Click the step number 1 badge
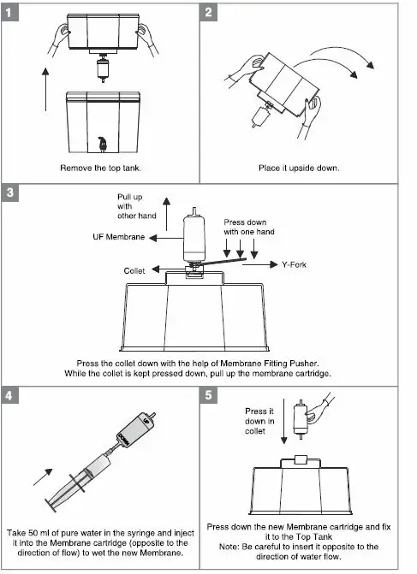coord(9,13)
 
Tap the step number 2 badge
coord(209,13)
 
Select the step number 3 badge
coord(9,192)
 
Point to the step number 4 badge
coord(9,395)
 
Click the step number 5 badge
coord(209,395)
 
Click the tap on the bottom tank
coord(103,144)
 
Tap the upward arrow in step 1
coord(45,89)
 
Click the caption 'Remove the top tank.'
coord(101,168)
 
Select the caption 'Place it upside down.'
coord(299,168)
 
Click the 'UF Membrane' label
coord(119,237)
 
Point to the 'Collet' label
coord(134,271)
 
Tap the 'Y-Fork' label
coord(295,264)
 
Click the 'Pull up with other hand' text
coord(137,206)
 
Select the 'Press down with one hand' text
coord(249,227)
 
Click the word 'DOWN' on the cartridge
coord(123,440)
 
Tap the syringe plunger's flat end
coord(51,506)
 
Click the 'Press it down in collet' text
coord(259,421)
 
